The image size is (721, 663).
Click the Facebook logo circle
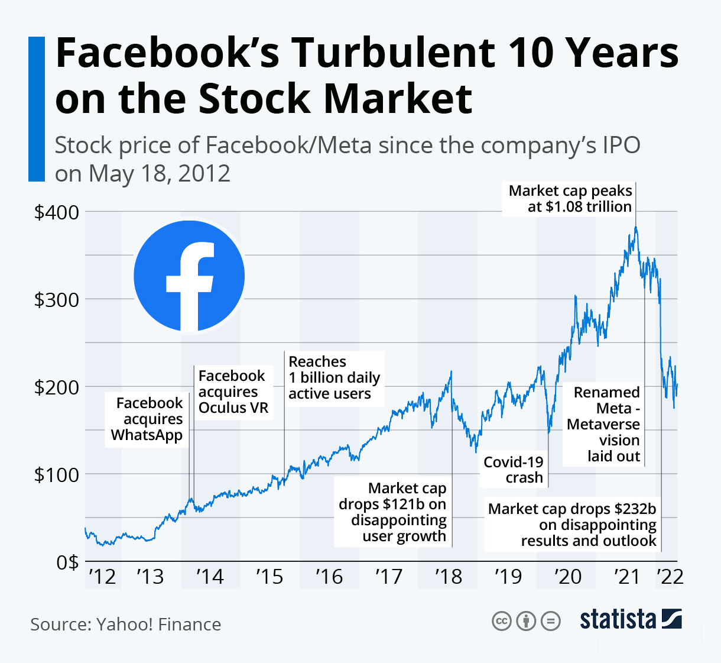point(189,276)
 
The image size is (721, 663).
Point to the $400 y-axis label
point(57,212)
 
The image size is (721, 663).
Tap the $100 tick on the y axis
point(57,474)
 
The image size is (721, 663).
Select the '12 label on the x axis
point(102,576)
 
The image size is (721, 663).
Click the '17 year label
point(388,576)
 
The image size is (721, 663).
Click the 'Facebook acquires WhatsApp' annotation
point(147,419)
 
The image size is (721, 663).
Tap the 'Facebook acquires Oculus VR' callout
point(233,392)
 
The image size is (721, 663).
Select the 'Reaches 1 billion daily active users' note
point(334,377)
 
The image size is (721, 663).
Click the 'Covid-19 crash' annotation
point(513,470)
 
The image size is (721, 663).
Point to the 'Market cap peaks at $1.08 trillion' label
point(570,199)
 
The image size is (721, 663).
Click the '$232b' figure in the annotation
point(635,509)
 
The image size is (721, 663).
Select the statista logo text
point(618,619)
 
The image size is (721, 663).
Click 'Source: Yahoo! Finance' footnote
point(126,625)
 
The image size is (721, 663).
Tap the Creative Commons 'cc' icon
point(501,620)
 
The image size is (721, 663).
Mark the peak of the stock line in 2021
point(636,227)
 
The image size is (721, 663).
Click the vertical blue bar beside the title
point(37,109)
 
